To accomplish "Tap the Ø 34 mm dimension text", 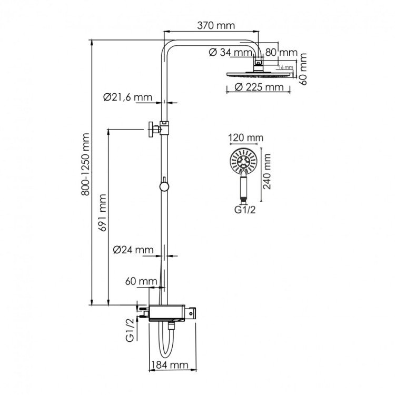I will [230, 52].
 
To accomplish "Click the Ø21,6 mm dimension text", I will [127, 97].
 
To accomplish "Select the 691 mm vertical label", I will [103, 212].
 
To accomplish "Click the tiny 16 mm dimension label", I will [285, 67].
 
